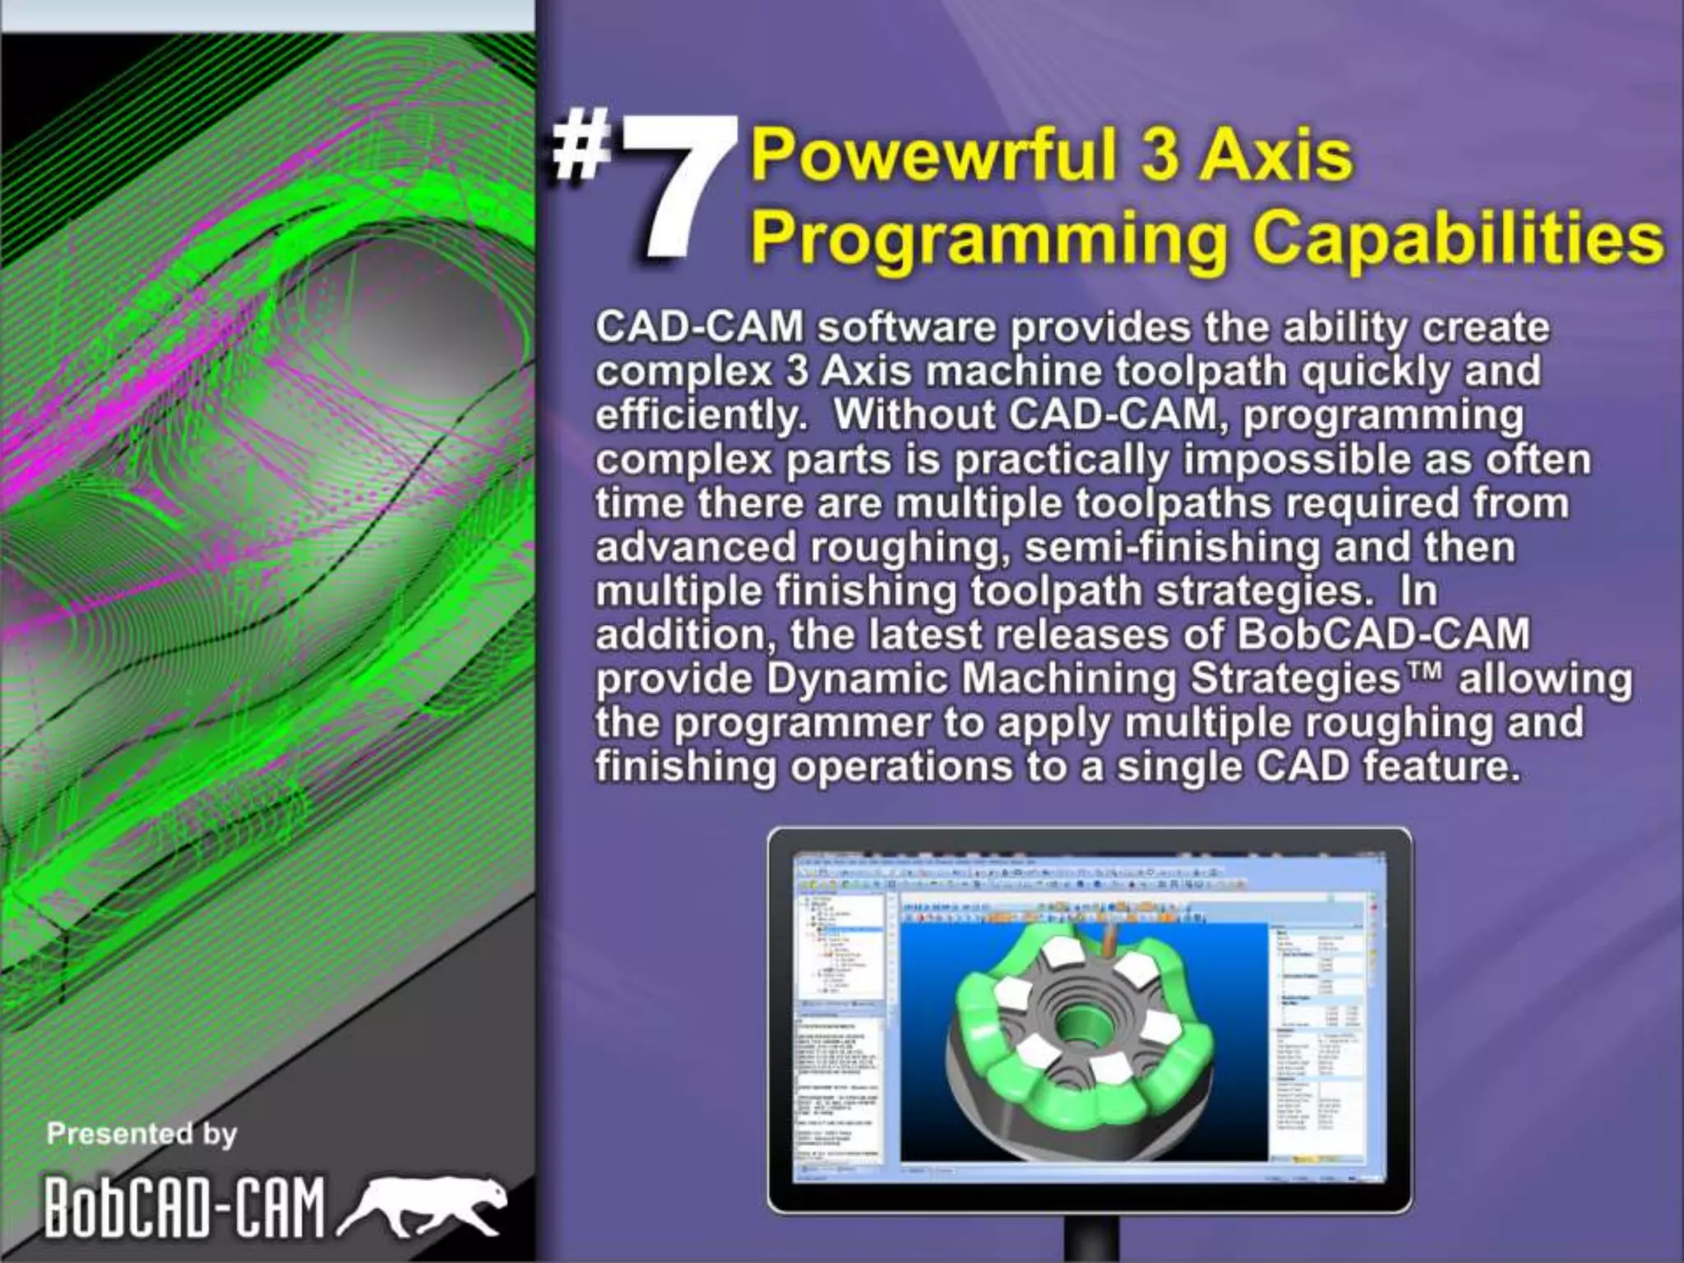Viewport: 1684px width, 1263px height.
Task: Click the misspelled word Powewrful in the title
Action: [x=928, y=156]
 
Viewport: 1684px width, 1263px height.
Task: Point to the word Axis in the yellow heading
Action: [x=1275, y=156]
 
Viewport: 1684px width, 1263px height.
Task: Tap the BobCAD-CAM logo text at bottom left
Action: [x=185, y=1208]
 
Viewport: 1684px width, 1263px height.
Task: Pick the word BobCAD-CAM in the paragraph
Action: [x=1382, y=634]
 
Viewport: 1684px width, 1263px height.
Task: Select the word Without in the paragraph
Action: [x=914, y=415]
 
